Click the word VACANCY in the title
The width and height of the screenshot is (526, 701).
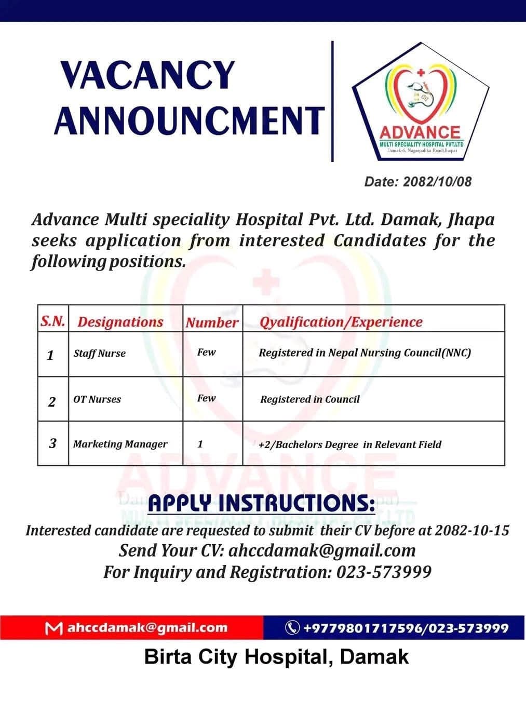(148, 76)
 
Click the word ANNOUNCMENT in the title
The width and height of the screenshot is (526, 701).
(189, 120)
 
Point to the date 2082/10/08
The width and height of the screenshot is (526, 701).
(437, 182)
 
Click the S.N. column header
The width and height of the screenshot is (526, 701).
(52, 321)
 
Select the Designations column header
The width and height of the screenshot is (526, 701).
(120, 322)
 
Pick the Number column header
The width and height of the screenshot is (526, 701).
(212, 322)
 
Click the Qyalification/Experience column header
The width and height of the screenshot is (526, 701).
(341, 322)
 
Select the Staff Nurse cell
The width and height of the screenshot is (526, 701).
(99, 354)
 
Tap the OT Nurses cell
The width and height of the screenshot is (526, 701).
(97, 399)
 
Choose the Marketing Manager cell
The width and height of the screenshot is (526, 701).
(120, 444)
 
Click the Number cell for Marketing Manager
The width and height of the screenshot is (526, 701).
(200, 444)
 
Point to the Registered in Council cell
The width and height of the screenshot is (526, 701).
(309, 399)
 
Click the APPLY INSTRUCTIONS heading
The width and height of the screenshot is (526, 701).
(261, 503)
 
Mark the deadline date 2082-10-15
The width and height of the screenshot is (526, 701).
(471, 531)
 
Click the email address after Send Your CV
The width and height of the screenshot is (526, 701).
(322, 550)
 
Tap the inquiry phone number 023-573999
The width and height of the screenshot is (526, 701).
(384, 572)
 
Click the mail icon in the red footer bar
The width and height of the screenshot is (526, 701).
(51, 628)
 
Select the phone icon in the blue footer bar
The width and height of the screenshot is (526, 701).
(292, 628)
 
